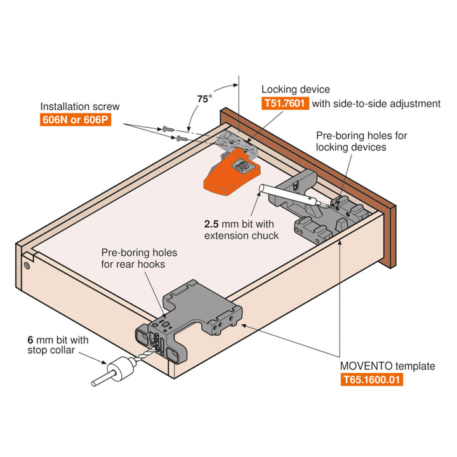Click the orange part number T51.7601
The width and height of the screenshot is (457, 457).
pyautogui.click(x=285, y=103)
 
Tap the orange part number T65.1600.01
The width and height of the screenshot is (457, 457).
pyautogui.click(x=371, y=380)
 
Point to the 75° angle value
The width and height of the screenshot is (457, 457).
pyautogui.click(x=204, y=99)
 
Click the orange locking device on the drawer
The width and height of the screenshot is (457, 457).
pyautogui.click(x=230, y=172)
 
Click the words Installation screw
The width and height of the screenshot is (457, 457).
pyautogui.click(x=79, y=106)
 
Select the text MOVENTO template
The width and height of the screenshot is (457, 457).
pyautogui.click(x=388, y=366)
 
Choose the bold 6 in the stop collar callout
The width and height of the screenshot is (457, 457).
pyautogui.click(x=30, y=340)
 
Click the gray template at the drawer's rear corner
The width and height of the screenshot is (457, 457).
pyautogui.click(x=190, y=317)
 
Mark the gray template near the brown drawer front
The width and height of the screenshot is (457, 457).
pyautogui.click(x=317, y=206)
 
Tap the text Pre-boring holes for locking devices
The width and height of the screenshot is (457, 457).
pyautogui.click(x=361, y=142)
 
